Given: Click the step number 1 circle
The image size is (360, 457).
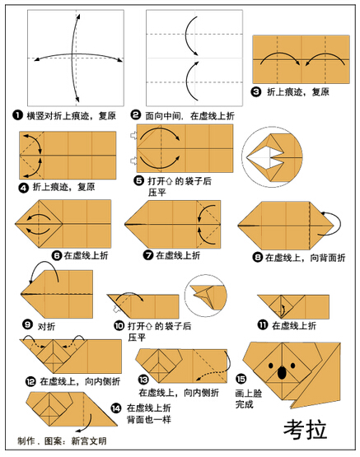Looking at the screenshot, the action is coord(17,115).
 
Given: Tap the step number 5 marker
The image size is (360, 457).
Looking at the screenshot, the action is coord(138,180).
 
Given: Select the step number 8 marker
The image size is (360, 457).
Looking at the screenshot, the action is coord(257,258).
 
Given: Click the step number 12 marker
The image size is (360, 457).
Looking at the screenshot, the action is coord(30,381).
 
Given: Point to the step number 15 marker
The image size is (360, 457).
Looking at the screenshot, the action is coord(241,379).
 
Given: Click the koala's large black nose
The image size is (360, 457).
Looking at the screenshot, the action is coord(282,372).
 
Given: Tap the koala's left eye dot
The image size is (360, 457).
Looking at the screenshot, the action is coord(271,366).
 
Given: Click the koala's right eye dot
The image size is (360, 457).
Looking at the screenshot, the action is coord(293,366).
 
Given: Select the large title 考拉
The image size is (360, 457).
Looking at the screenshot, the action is coord(305,429).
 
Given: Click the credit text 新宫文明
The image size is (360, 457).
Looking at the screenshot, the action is coord(89,441).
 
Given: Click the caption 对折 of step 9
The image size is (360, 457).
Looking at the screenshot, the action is coord(46,326).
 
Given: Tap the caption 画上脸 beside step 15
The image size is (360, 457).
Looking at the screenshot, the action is coord(249,393).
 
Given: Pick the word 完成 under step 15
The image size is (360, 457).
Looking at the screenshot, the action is coord(245,404).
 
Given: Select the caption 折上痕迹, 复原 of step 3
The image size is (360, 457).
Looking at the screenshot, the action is coord(298,92).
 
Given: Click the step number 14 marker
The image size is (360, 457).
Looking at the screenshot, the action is coord(116,408).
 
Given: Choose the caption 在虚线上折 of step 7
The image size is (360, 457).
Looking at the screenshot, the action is coord(178,255).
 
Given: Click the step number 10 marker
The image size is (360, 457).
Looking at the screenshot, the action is coord(119,325).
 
